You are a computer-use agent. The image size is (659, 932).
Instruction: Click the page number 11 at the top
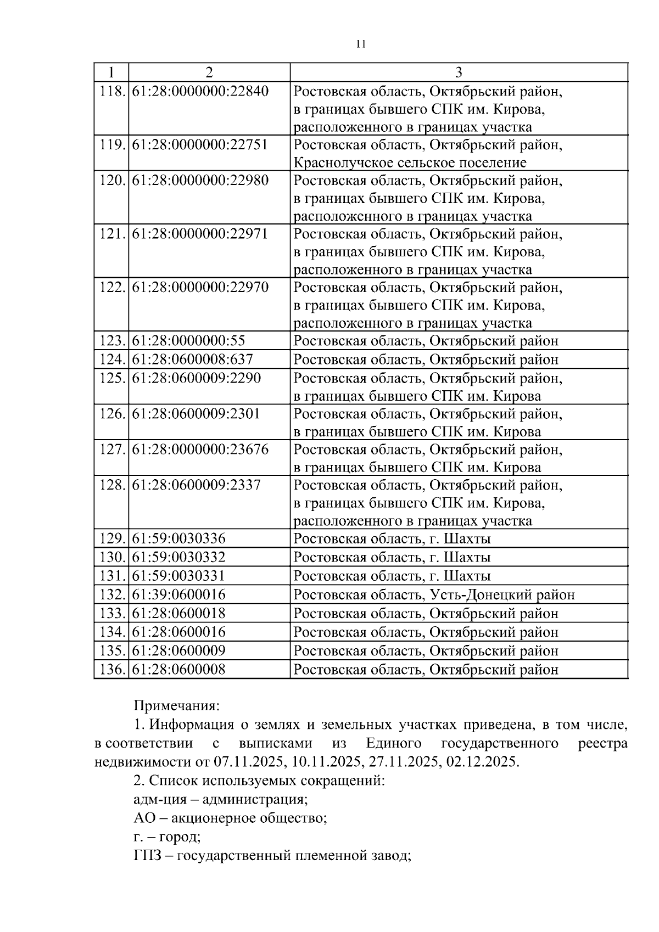tap(361, 44)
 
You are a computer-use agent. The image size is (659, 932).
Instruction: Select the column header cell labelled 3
tap(459, 72)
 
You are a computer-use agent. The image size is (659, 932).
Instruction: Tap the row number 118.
tap(111, 91)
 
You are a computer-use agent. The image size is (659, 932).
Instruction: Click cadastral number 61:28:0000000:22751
tap(200, 145)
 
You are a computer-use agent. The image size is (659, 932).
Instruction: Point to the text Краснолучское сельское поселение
tap(410, 163)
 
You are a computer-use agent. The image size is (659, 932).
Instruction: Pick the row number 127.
tap(111, 450)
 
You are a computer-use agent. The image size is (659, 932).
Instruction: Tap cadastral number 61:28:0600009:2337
tap(197, 485)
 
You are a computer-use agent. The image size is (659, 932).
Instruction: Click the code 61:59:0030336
tap(179, 539)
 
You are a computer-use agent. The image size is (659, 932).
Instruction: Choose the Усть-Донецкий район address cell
tap(434, 595)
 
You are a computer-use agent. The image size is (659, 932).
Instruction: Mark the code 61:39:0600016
tap(179, 595)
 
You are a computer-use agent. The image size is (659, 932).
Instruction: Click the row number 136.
tap(111, 670)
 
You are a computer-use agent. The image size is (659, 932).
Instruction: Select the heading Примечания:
tap(176, 705)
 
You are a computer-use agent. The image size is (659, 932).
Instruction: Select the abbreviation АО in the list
tap(143, 818)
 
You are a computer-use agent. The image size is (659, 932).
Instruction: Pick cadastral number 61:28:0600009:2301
tap(197, 414)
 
